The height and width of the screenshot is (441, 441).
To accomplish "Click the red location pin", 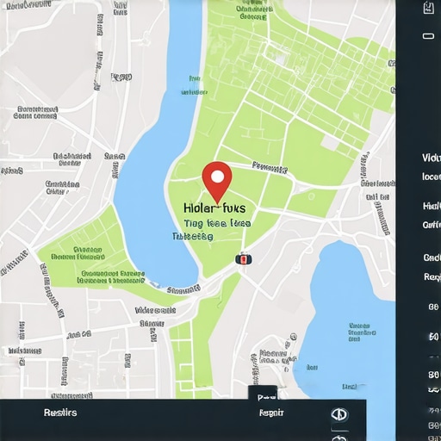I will click(217, 181).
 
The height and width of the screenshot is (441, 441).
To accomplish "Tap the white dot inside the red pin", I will click(217, 176).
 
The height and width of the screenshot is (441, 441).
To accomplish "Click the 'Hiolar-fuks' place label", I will click(214, 208).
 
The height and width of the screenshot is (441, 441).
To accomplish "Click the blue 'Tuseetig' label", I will click(192, 235).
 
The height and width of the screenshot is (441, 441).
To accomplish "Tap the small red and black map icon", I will click(243, 258).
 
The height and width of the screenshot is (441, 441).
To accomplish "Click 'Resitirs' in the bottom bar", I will click(60, 413).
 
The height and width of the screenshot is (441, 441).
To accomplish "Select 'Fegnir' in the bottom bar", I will click(271, 413).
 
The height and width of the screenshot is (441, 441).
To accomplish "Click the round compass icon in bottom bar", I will click(339, 414).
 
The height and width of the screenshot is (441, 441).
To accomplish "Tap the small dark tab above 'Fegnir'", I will click(265, 394).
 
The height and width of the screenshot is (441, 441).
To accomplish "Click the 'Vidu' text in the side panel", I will click(431, 158).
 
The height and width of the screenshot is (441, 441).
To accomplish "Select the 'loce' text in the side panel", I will click(431, 177).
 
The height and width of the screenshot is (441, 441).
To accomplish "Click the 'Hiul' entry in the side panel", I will click(431, 206).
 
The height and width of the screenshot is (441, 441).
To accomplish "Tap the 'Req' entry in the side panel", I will click(432, 276).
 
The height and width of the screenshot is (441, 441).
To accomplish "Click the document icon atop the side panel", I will click(429, 9).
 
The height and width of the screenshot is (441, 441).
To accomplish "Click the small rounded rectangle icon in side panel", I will click(429, 37).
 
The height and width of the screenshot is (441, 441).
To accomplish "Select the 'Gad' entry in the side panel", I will click(432, 258).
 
